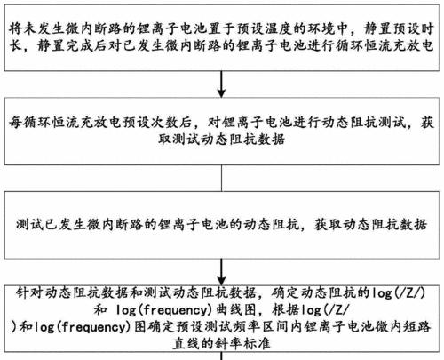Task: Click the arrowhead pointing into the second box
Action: [221, 92]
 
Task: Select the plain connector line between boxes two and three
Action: [221, 178]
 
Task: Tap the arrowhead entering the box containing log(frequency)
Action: [221, 280]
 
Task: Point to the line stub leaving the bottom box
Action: [221, 356]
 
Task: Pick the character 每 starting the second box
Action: [15, 122]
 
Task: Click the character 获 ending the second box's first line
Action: [427, 122]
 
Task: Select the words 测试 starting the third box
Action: [29, 224]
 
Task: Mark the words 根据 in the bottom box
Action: [285, 310]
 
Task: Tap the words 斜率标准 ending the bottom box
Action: [242, 344]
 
